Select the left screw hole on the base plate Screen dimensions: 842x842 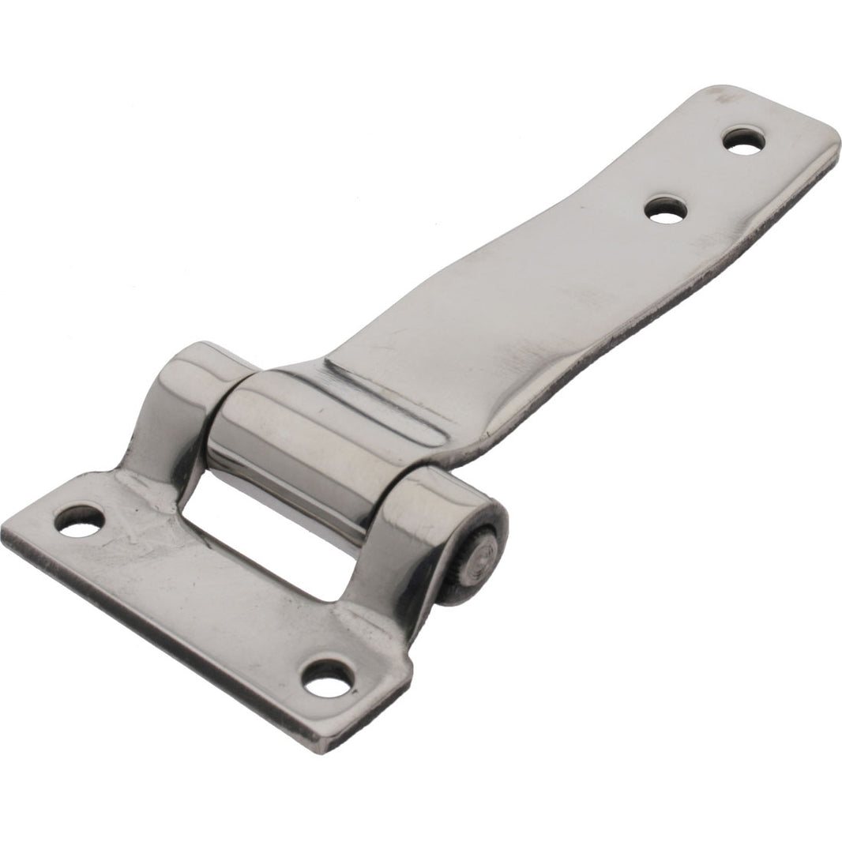pos(80,522)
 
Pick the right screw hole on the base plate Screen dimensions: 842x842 pos(327,679)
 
